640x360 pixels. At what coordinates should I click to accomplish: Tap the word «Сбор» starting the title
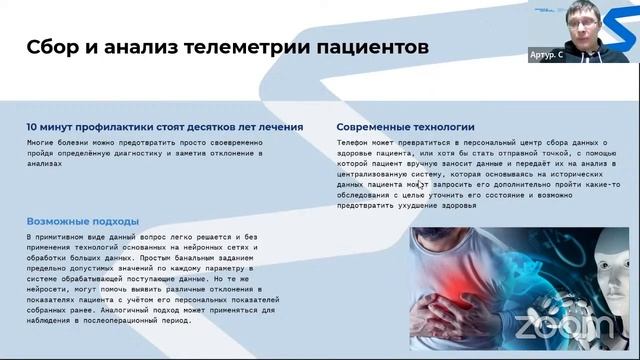click(x=53, y=46)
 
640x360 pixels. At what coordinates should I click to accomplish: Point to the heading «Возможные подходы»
click(x=83, y=221)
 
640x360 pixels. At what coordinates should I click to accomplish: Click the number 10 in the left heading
click(x=32, y=128)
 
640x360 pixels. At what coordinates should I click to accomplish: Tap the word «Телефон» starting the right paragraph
click(x=352, y=144)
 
